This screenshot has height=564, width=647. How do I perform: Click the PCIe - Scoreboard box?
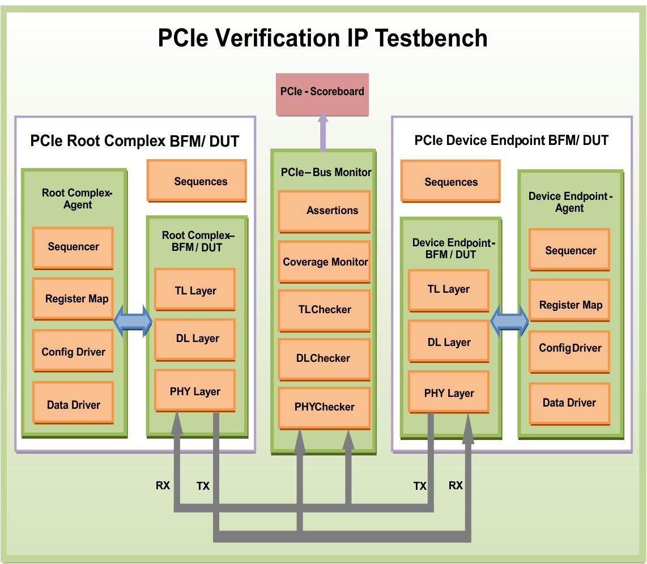pyautogui.click(x=322, y=95)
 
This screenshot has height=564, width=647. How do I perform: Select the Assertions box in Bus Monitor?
pyautogui.click(x=324, y=212)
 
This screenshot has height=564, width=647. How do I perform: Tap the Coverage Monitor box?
pyautogui.click(x=324, y=262)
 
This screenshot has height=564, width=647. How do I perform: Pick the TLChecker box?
pyautogui.click(x=324, y=311)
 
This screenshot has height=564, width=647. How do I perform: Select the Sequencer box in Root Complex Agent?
pyautogui.click(x=73, y=248)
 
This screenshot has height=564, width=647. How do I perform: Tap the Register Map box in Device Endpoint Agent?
pyautogui.click(x=569, y=300)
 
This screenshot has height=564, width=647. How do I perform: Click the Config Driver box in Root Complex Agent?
pyautogui.click(x=73, y=351)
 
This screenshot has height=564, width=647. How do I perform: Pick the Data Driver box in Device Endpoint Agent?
pyautogui.click(x=569, y=404)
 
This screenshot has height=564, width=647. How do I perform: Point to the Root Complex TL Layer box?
pyautogui.click(x=195, y=289)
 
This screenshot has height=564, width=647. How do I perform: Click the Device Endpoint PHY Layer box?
pyautogui.click(x=449, y=392)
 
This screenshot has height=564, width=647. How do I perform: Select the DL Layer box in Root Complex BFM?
pyautogui.click(x=195, y=340)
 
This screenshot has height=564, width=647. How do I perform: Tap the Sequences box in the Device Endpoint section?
pyautogui.click(x=450, y=181)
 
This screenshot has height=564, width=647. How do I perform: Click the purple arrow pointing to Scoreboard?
pyautogui.click(x=323, y=132)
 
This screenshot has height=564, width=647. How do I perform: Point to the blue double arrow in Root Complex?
pyautogui.click(x=133, y=321)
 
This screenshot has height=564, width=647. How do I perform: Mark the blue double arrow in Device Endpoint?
pyautogui.click(x=509, y=321)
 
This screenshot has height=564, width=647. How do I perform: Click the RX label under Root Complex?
pyautogui.click(x=163, y=485)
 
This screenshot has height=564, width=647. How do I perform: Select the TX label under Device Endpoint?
pyautogui.click(x=420, y=486)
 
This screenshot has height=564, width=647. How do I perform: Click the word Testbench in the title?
pyautogui.click(x=431, y=38)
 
